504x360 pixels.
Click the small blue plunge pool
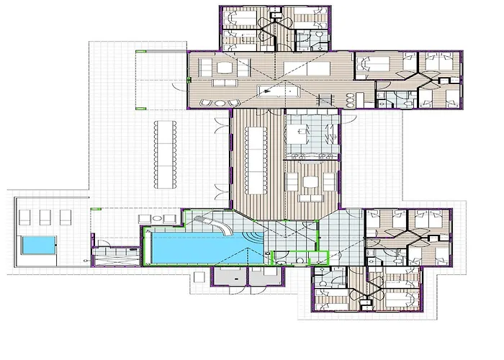[37, 246]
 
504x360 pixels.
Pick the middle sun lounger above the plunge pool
[45, 217]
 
